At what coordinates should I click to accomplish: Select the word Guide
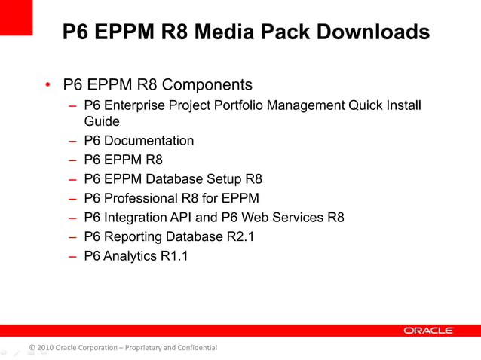tap(102, 121)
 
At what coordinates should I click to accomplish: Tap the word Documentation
tap(149, 140)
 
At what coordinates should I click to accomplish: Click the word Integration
tap(136, 218)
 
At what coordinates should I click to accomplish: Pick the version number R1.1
tap(173, 257)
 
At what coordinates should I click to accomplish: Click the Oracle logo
tap(428, 330)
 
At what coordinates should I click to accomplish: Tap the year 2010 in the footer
tap(44, 347)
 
